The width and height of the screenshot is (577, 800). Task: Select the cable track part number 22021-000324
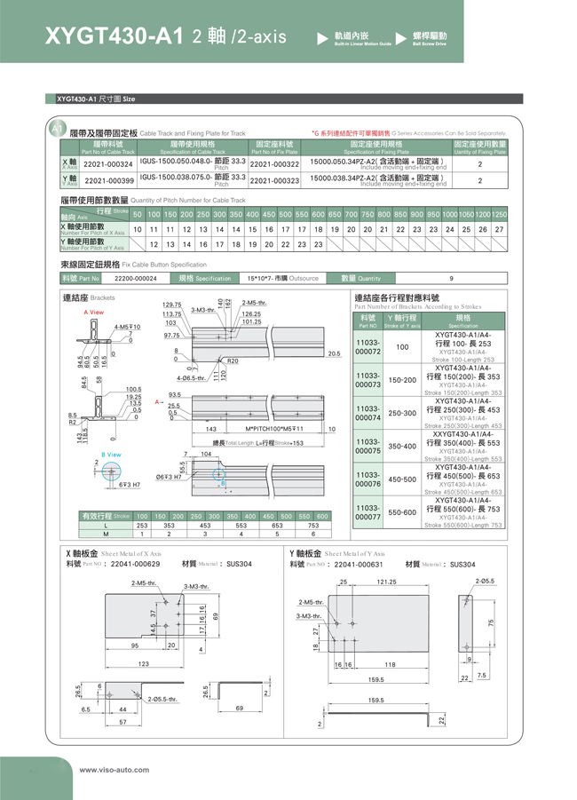coord(107,164)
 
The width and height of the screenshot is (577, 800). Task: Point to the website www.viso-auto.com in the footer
coord(115,770)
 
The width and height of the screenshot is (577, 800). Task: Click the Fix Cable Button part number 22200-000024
coord(136,278)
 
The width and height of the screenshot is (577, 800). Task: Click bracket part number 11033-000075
coord(368,446)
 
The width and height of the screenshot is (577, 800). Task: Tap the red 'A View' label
coord(93,313)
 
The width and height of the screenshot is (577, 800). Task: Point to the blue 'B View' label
coord(112,454)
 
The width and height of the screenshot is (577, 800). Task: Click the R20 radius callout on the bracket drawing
coord(233,361)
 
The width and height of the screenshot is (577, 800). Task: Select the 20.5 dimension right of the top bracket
coord(334,353)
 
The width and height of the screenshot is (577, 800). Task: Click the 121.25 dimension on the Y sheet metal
coord(387,582)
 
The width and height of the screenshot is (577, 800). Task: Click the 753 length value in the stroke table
coord(313,526)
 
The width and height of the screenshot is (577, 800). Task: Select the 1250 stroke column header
coord(500,215)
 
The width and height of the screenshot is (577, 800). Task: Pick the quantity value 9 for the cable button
coord(451,278)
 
